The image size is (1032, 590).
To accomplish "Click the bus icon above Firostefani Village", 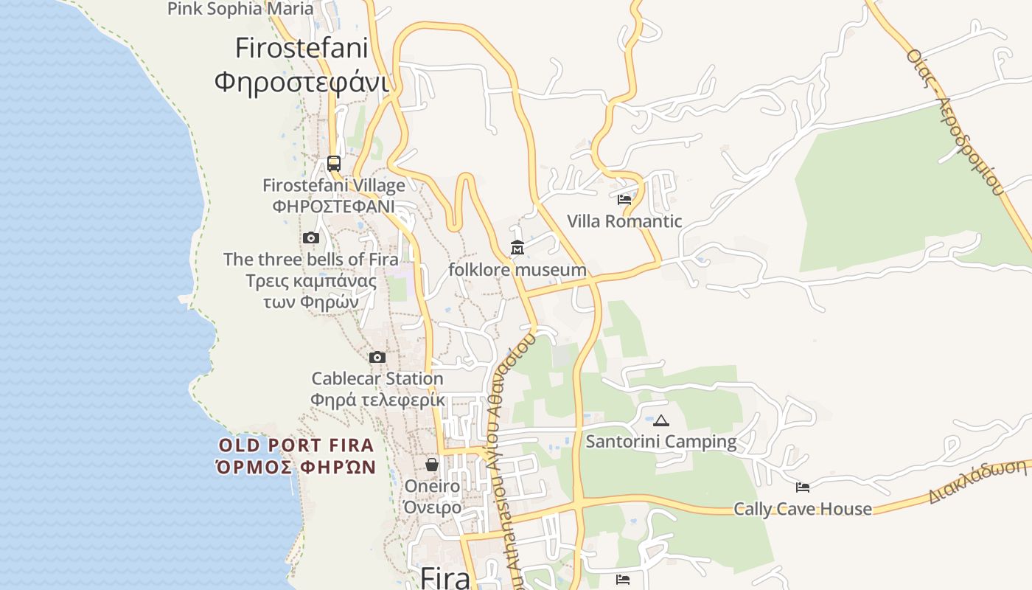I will click(x=334, y=164).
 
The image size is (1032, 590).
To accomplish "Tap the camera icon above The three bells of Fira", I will click(x=311, y=237).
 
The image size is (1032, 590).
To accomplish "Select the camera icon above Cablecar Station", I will click(x=377, y=358).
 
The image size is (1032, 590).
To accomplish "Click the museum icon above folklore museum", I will click(x=517, y=248).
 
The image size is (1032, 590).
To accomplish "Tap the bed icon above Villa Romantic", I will click(x=624, y=199).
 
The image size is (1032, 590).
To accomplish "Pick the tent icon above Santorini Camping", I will click(x=661, y=421).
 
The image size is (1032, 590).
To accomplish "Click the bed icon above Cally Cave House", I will click(x=803, y=487).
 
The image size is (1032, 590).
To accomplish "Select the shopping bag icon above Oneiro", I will click(x=432, y=465).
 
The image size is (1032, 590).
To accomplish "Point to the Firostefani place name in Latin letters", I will click(x=301, y=48).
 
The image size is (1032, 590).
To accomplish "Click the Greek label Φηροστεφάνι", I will click(x=301, y=81).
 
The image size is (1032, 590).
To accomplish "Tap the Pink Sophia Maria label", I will click(x=240, y=9).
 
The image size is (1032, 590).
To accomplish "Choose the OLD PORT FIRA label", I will click(x=296, y=445).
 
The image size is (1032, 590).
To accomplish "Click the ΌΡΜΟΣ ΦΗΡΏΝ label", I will click(x=296, y=467).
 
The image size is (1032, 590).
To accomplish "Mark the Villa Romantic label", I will click(x=624, y=221).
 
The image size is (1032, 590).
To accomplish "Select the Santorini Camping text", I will click(x=661, y=442).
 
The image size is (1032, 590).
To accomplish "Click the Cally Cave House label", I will click(x=803, y=509).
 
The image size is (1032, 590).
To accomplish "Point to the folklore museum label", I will click(x=517, y=270).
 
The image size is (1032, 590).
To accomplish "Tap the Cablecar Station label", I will click(x=377, y=379).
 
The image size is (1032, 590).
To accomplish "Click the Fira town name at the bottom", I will click(x=445, y=577).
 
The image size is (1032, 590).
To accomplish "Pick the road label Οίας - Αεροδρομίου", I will click(x=955, y=122).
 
